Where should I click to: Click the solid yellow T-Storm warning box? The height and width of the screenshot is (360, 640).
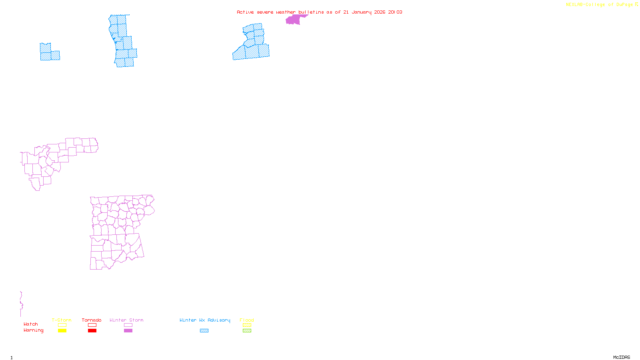tap(62, 331)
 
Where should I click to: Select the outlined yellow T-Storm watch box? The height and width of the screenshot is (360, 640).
tap(62, 325)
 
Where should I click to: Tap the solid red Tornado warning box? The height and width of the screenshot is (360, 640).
tap(92, 331)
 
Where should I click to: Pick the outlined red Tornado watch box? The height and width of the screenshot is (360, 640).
tap(92, 325)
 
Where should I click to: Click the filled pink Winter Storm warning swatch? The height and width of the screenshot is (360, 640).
tap(128, 331)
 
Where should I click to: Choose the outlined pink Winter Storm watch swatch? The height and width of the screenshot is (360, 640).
tap(128, 325)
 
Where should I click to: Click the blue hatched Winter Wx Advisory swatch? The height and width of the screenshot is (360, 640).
tap(204, 331)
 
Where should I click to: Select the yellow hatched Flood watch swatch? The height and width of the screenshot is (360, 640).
tap(247, 325)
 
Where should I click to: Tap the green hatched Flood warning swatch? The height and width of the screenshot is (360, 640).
tap(247, 331)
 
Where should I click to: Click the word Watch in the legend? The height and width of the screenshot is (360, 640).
tap(31, 324)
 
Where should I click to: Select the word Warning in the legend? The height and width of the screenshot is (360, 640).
tap(34, 330)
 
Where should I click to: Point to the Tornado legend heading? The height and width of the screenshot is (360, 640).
tap(92, 320)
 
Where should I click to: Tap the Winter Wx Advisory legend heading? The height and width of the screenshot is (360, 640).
tap(205, 320)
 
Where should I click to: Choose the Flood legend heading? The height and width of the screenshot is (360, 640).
tap(247, 320)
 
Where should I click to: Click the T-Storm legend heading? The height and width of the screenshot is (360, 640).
tap(62, 320)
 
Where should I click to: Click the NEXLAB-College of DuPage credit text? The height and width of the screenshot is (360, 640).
tap(600, 5)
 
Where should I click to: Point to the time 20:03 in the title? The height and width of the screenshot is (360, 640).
tap(395, 12)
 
